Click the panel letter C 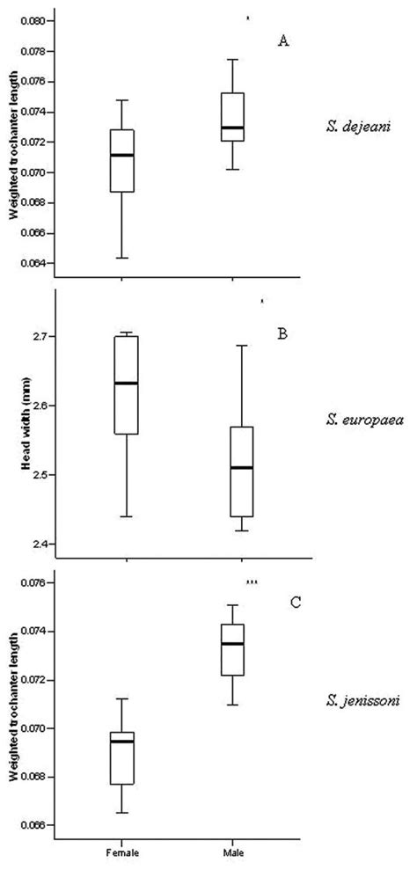(296, 603)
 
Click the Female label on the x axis (122, 852)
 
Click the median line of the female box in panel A (122, 155)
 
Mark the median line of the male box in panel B (243, 468)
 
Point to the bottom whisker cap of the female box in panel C (122, 813)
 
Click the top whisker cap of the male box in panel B (243, 346)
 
